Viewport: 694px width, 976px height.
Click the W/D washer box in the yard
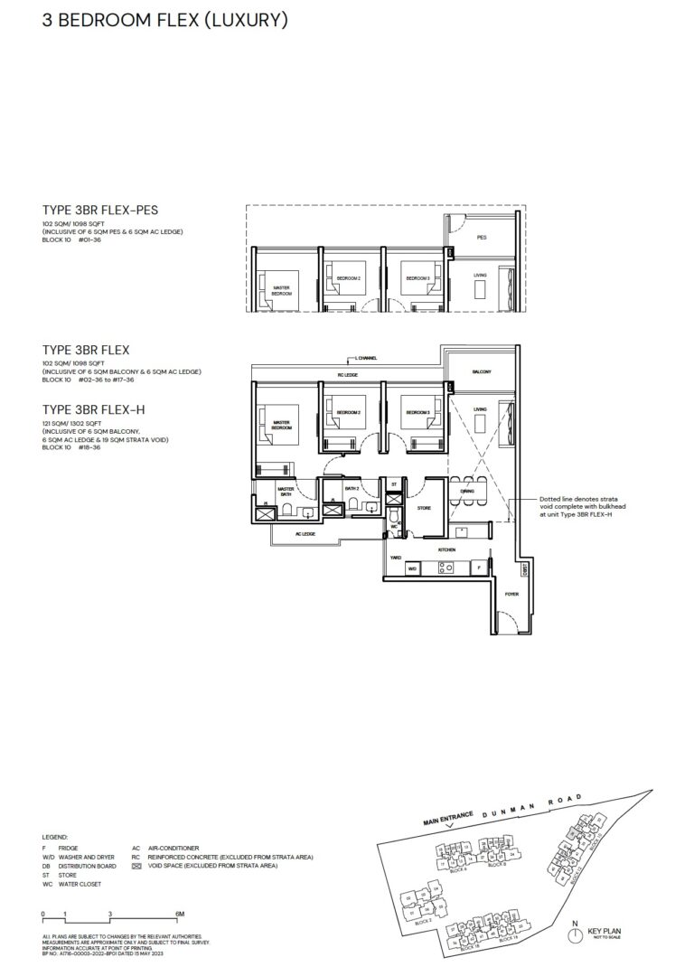[x=412, y=569]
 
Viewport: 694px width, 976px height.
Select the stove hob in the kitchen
[x=445, y=568]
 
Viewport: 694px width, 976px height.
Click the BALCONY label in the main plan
[x=480, y=372]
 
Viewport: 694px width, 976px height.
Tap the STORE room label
[x=424, y=508]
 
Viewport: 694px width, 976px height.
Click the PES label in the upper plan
[x=481, y=238]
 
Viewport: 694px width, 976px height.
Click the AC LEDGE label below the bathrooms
[x=305, y=533]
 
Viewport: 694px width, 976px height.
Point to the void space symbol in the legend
[x=136, y=866]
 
